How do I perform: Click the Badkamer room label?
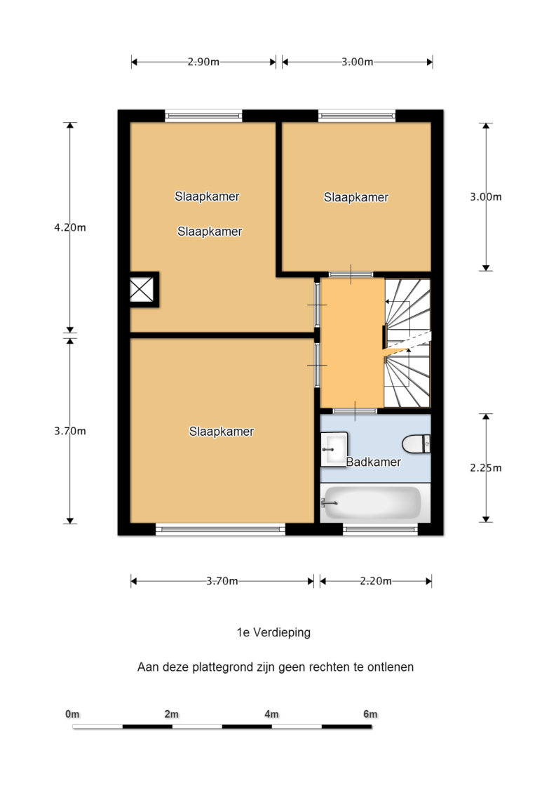(373, 462)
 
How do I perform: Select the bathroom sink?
(334, 449)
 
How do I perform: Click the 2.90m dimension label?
(203, 62)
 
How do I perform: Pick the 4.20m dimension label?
(70, 227)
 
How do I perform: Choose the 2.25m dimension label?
(486, 468)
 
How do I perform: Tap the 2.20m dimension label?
(376, 581)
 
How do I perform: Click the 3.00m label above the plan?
(357, 62)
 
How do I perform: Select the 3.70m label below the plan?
(222, 581)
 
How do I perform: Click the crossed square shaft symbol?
(142, 290)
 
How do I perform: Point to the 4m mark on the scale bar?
(271, 714)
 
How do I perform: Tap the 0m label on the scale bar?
(72, 714)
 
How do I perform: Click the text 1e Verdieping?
(273, 632)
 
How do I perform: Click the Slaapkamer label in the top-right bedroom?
(356, 197)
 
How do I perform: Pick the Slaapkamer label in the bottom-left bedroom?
(222, 431)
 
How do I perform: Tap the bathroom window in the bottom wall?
(380, 528)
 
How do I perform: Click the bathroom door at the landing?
(355, 411)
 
